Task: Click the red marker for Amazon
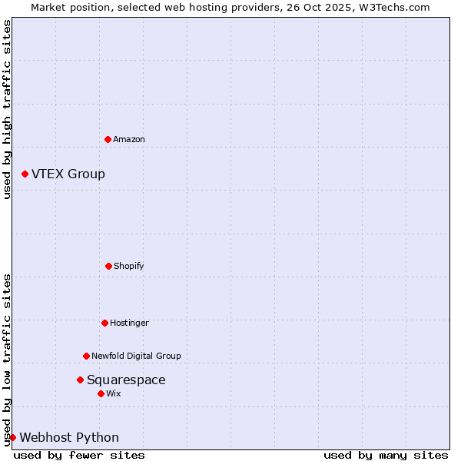(108, 139)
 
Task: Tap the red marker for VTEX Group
(25, 174)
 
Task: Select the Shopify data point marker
(108, 266)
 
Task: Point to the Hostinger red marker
(104, 323)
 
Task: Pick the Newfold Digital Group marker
(86, 356)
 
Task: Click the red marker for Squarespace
(80, 380)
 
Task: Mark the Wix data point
(101, 393)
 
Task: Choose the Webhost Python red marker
(12, 437)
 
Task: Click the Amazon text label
(129, 139)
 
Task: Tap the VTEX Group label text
(68, 174)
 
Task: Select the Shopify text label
(129, 266)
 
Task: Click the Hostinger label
(129, 323)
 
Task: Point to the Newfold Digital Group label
(136, 356)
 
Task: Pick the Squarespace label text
(126, 380)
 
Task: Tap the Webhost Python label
(69, 437)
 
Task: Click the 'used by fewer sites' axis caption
(79, 455)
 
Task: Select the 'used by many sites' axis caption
(386, 455)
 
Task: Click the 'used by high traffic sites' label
(7, 109)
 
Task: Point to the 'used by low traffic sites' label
(7, 360)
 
